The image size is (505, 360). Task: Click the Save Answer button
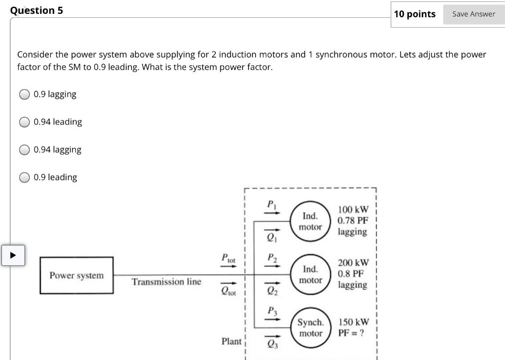(x=473, y=14)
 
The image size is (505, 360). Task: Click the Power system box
(x=76, y=275)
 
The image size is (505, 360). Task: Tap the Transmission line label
(x=166, y=282)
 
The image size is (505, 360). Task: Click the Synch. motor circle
(x=311, y=327)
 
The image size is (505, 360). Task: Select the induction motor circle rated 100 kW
(x=311, y=221)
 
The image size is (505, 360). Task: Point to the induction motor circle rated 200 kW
(x=311, y=274)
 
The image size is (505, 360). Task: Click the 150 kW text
(x=353, y=322)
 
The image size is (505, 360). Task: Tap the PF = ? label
(x=351, y=332)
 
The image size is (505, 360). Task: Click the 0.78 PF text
(x=353, y=220)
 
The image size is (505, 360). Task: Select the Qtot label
(x=228, y=291)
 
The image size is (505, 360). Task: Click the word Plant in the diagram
(x=231, y=341)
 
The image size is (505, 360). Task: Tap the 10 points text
(x=415, y=14)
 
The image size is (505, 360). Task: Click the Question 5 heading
(x=37, y=10)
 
